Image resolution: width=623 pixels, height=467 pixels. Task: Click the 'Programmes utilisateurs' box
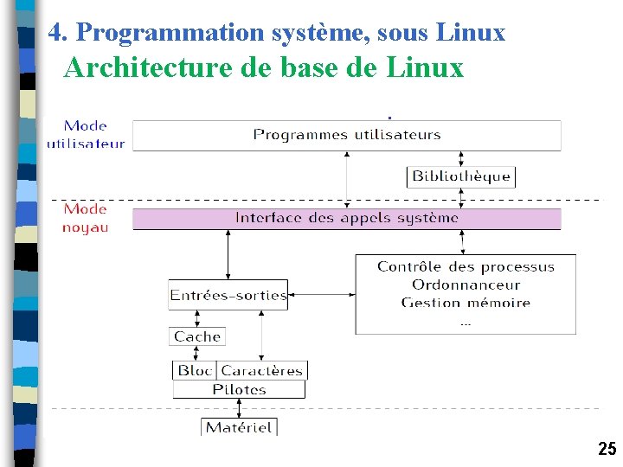346,135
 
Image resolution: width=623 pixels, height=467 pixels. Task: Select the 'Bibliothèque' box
460,176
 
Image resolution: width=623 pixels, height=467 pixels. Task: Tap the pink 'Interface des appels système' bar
346,218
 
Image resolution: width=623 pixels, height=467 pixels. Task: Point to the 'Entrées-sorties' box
228,295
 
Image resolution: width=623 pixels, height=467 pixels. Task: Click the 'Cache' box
197,336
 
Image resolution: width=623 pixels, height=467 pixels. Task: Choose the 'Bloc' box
195,370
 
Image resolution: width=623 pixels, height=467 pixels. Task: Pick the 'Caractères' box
261,370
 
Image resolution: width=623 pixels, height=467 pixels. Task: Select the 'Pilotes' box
239,390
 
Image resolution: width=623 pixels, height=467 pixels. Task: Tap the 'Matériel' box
239,426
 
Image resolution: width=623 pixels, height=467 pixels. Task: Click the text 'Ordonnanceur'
466,285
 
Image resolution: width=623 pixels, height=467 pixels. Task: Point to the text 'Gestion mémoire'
466,303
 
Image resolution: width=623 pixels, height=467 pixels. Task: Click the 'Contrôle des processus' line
466,267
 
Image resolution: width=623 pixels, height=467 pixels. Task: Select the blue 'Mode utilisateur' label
86,135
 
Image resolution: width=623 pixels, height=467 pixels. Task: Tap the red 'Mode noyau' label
86,218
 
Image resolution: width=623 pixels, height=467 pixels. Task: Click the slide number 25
607,449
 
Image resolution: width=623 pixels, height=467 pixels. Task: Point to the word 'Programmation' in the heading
154,33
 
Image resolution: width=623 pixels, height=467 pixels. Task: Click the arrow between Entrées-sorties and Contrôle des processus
321,295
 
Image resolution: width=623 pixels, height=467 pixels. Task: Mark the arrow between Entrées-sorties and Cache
197,318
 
